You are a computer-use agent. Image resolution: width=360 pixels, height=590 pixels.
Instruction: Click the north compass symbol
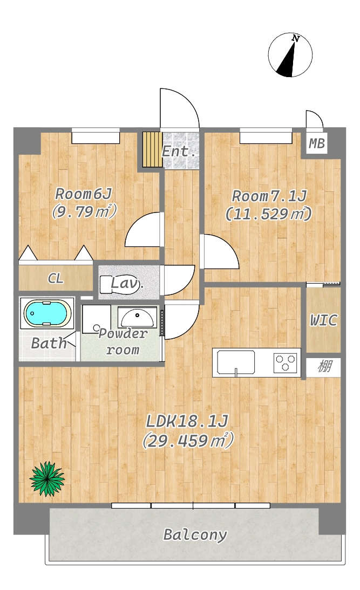point(290,55)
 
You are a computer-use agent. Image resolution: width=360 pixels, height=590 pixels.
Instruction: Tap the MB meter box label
point(317,143)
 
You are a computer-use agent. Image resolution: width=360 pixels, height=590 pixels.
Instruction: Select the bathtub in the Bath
point(47,313)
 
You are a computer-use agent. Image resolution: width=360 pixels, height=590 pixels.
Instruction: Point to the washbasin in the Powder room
point(137,317)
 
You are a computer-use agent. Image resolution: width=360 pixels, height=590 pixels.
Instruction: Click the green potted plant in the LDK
point(47,478)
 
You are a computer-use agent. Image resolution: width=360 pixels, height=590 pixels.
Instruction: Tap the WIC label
point(323,320)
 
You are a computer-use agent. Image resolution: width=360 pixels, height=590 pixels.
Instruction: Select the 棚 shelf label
point(324,366)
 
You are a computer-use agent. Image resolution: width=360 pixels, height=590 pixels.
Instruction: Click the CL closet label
point(56,278)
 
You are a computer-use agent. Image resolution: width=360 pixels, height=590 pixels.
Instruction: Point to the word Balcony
point(195,534)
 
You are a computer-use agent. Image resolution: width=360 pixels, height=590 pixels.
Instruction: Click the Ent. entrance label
point(179,152)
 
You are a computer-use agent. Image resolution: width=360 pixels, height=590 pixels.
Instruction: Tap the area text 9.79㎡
point(84,211)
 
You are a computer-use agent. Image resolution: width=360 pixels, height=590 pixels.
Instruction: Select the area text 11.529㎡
point(268,214)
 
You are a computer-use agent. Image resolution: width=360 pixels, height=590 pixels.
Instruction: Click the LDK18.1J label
point(187,421)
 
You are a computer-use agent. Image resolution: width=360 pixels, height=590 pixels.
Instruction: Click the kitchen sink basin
point(236,362)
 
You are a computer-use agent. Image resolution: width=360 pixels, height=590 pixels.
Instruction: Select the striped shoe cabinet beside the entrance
point(152,149)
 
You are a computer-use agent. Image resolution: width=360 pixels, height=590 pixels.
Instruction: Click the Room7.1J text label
point(269,196)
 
